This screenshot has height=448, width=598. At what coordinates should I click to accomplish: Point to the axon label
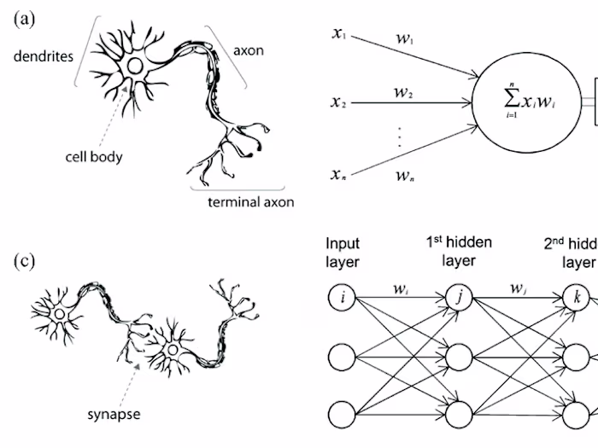point(249,50)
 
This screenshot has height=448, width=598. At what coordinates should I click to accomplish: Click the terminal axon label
point(251,202)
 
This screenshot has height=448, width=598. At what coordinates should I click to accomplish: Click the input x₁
point(339,35)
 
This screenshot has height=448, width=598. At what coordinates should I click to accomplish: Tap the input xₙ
point(340,175)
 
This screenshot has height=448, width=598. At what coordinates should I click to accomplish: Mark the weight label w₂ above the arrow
point(404,91)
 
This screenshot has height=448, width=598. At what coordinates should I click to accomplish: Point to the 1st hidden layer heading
point(458,252)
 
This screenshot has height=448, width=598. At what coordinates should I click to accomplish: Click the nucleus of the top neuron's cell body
point(135,66)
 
